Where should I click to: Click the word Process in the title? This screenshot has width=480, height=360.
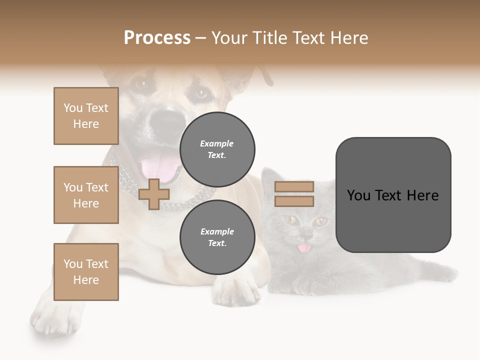tap(157, 38)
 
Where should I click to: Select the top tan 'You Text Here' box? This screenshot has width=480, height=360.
tap(86, 116)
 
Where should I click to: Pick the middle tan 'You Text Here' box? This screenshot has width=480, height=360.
tap(86, 195)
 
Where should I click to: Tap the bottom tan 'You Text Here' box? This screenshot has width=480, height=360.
tap(86, 272)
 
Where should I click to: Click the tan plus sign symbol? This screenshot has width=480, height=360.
tap(154, 194)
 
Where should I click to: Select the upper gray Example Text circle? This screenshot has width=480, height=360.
tap(217, 149)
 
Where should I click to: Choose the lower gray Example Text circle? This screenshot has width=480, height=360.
tap(217, 237)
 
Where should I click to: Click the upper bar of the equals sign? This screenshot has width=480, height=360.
tap(294, 186)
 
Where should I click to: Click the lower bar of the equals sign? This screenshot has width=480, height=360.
tap(294, 201)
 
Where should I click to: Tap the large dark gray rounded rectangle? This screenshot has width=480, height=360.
tap(393, 195)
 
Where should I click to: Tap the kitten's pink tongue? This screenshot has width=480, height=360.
tap(304, 247)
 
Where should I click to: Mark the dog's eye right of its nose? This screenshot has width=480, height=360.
tap(200, 93)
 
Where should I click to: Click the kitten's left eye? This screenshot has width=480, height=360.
tap(290, 219)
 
